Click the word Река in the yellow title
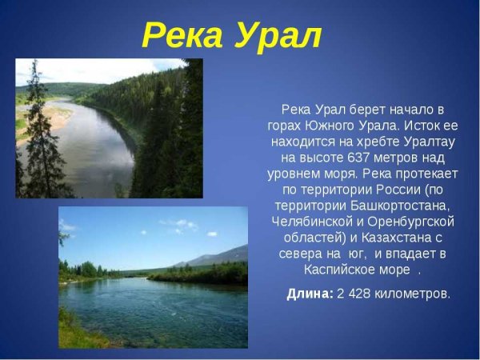[x=181, y=34]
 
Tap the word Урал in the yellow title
[x=277, y=34]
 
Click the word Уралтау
[x=425, y=143]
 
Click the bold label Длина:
[x=310, y=294]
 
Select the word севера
[x=303, y=254]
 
